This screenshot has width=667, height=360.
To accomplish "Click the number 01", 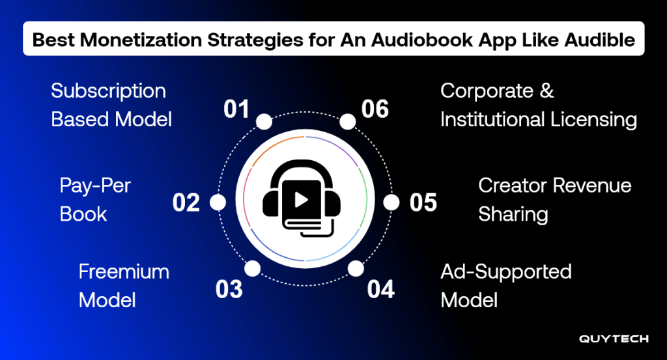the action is (x=236, y=109).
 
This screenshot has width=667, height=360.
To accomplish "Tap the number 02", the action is (x=186, y=202).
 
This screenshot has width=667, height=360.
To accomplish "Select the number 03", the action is (x=229, y=290).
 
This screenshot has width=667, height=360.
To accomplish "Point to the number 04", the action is (x=380, y=290).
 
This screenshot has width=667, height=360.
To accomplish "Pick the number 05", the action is (x=423, y=202).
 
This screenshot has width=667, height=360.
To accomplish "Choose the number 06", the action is (x=375, y=109).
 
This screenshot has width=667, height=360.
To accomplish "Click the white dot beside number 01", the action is (x=264, y=122).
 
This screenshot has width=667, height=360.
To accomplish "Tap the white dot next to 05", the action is (x=391, y=202).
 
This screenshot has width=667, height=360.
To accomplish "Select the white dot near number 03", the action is (x=253, y=269).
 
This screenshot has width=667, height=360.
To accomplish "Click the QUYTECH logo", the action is (x=614, y=339).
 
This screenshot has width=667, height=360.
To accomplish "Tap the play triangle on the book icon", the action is (x=302, y=199).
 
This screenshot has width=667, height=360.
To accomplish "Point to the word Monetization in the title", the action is (x=141, y=40).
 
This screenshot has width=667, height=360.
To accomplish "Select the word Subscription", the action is (x=109, y=91).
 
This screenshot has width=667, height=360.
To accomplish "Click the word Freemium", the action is (x=124, y=271).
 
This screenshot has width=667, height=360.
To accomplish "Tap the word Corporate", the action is (x=487, y=91).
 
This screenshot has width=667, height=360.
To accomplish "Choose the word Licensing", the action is (x=594, y=120).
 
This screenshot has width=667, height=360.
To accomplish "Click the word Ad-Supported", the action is (x=505, y=273).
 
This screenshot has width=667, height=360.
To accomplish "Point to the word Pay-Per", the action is (x=95, y=186).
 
